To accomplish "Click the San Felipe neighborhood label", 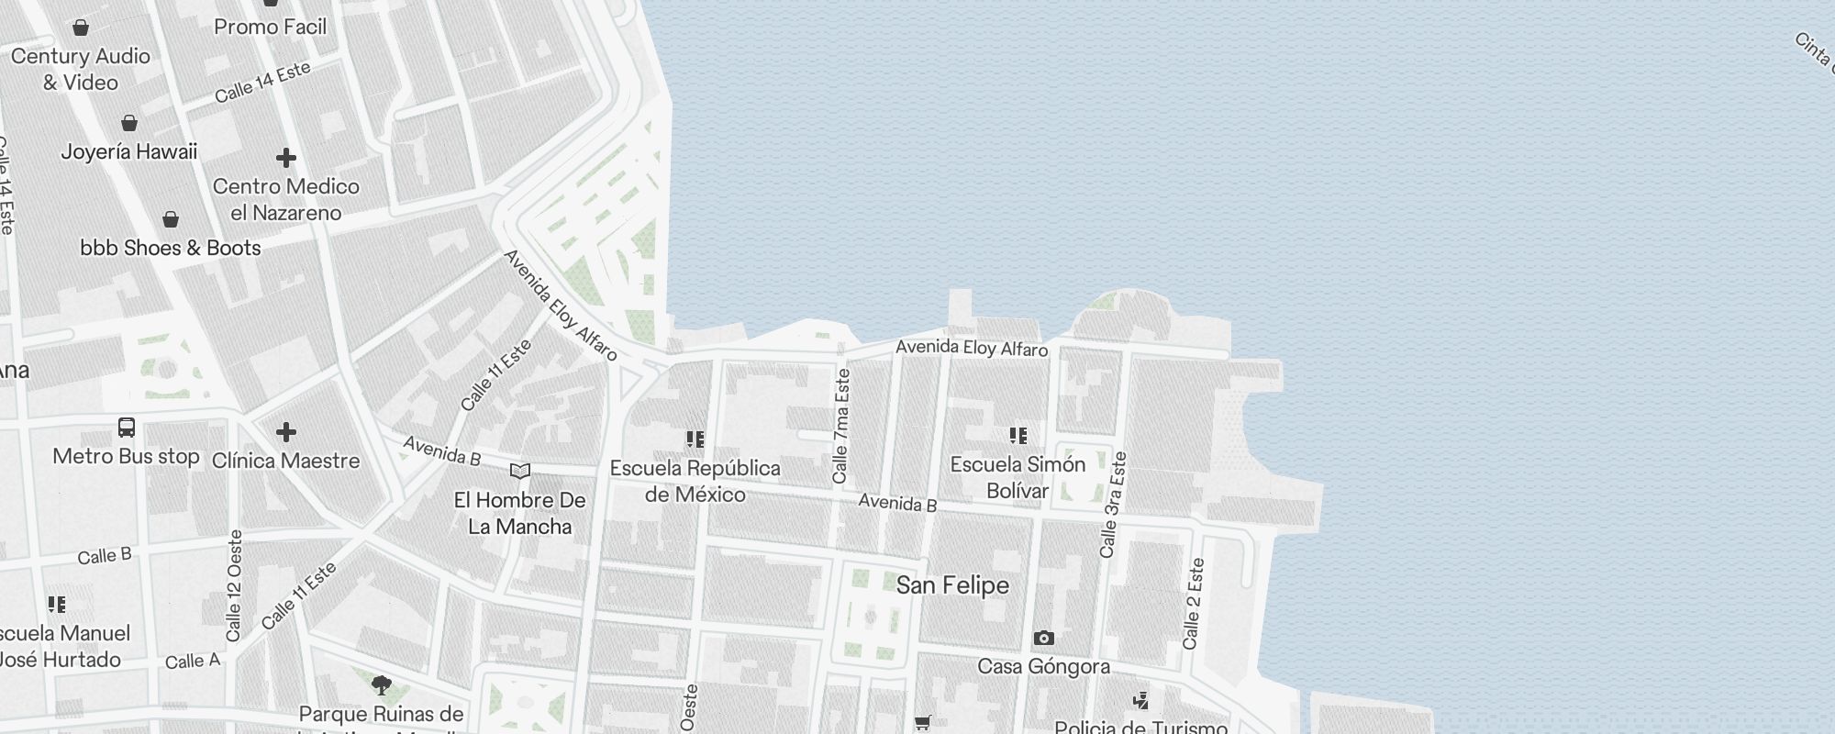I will (x=952, y=585).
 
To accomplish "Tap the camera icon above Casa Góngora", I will (x=1043, y=638).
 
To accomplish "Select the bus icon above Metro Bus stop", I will (x=127, y=428).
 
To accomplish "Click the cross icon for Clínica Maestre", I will (x=286, y=431).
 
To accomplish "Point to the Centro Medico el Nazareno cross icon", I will (x=286, y=158).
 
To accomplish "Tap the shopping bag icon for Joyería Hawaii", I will (x=129, y=123).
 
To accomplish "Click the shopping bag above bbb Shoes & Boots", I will (x=171, y=219).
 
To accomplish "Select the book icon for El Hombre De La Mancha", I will (x=520, y=472).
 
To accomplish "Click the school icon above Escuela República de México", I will (x=695, y=439).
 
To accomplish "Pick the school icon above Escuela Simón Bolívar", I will (x=1018, y=435).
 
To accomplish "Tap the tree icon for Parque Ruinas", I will (x=382, y=684).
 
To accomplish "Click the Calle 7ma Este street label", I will (x=841, y=427).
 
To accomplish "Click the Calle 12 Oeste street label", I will (x=235, y=585).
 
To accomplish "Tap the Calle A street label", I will (x=193, y=661).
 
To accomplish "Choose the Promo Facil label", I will (x=270, y=28).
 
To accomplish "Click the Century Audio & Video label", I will (x=81, y=69).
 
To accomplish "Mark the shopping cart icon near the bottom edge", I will (x=923, y=723).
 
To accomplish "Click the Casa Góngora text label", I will (x=1043, y=666).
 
